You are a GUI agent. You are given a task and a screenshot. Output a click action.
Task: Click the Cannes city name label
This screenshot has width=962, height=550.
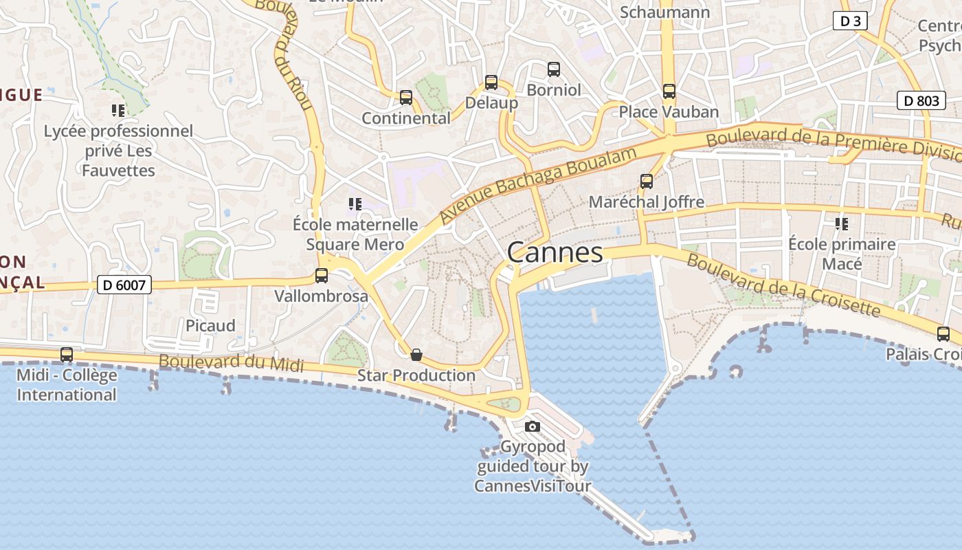coord(555,252)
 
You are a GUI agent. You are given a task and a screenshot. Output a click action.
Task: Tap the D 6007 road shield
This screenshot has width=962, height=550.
coord(124,285)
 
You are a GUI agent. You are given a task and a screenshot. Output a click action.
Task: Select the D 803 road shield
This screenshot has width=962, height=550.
coord(921,101)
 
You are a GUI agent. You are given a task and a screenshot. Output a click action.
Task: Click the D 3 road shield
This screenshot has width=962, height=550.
coord(850,21)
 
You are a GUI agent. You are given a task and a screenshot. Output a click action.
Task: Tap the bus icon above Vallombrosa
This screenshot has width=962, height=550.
coord(321,276)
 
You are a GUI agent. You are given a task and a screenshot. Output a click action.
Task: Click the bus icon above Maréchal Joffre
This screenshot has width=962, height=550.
coord(646,181)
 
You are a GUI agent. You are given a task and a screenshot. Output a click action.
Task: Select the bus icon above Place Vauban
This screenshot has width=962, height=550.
coord(669,91)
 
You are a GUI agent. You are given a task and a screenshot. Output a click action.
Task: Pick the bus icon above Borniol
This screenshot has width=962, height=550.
coord(553,69)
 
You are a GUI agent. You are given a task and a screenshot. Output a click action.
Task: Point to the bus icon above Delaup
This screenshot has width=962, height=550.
coord(491,82)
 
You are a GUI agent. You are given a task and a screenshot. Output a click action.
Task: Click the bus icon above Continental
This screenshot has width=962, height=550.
coord(405,98)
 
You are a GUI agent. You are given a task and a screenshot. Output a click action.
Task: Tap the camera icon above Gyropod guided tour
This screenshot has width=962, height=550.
coord(532,427)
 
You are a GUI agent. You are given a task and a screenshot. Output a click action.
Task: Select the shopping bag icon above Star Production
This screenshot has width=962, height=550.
coord(416,355)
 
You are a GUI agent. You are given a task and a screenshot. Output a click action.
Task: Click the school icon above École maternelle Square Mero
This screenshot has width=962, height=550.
coord(355,204)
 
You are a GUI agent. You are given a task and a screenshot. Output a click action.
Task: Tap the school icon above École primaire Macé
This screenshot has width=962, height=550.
coord(841,223)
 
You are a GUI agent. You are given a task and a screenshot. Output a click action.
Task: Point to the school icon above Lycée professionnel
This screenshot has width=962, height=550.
coord(118,111)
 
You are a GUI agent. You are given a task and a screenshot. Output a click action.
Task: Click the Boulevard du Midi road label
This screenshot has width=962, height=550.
coord(231,362)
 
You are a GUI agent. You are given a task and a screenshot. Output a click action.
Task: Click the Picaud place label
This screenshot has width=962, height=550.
coord(210,325)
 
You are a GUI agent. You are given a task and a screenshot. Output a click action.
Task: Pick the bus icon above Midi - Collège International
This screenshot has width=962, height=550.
coord(66,355)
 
